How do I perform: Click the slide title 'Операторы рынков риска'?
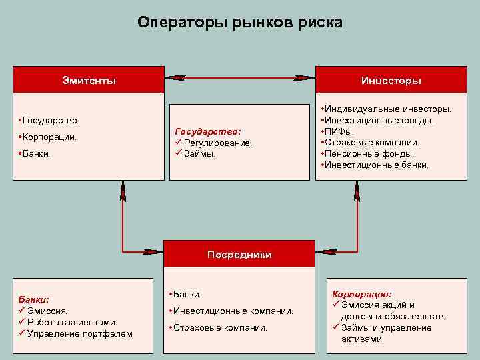(240, 23)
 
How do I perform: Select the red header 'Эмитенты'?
(89, 80)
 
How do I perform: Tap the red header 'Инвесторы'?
(391, 80)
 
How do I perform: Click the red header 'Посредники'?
(239, 254)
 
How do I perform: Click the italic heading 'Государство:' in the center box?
(207, 132)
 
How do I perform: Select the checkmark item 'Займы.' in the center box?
(199, 153)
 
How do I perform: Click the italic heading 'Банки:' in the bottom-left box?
(34, 299)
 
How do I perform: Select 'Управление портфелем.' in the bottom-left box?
(80, 333)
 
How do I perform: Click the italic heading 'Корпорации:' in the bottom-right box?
(362, 294)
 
